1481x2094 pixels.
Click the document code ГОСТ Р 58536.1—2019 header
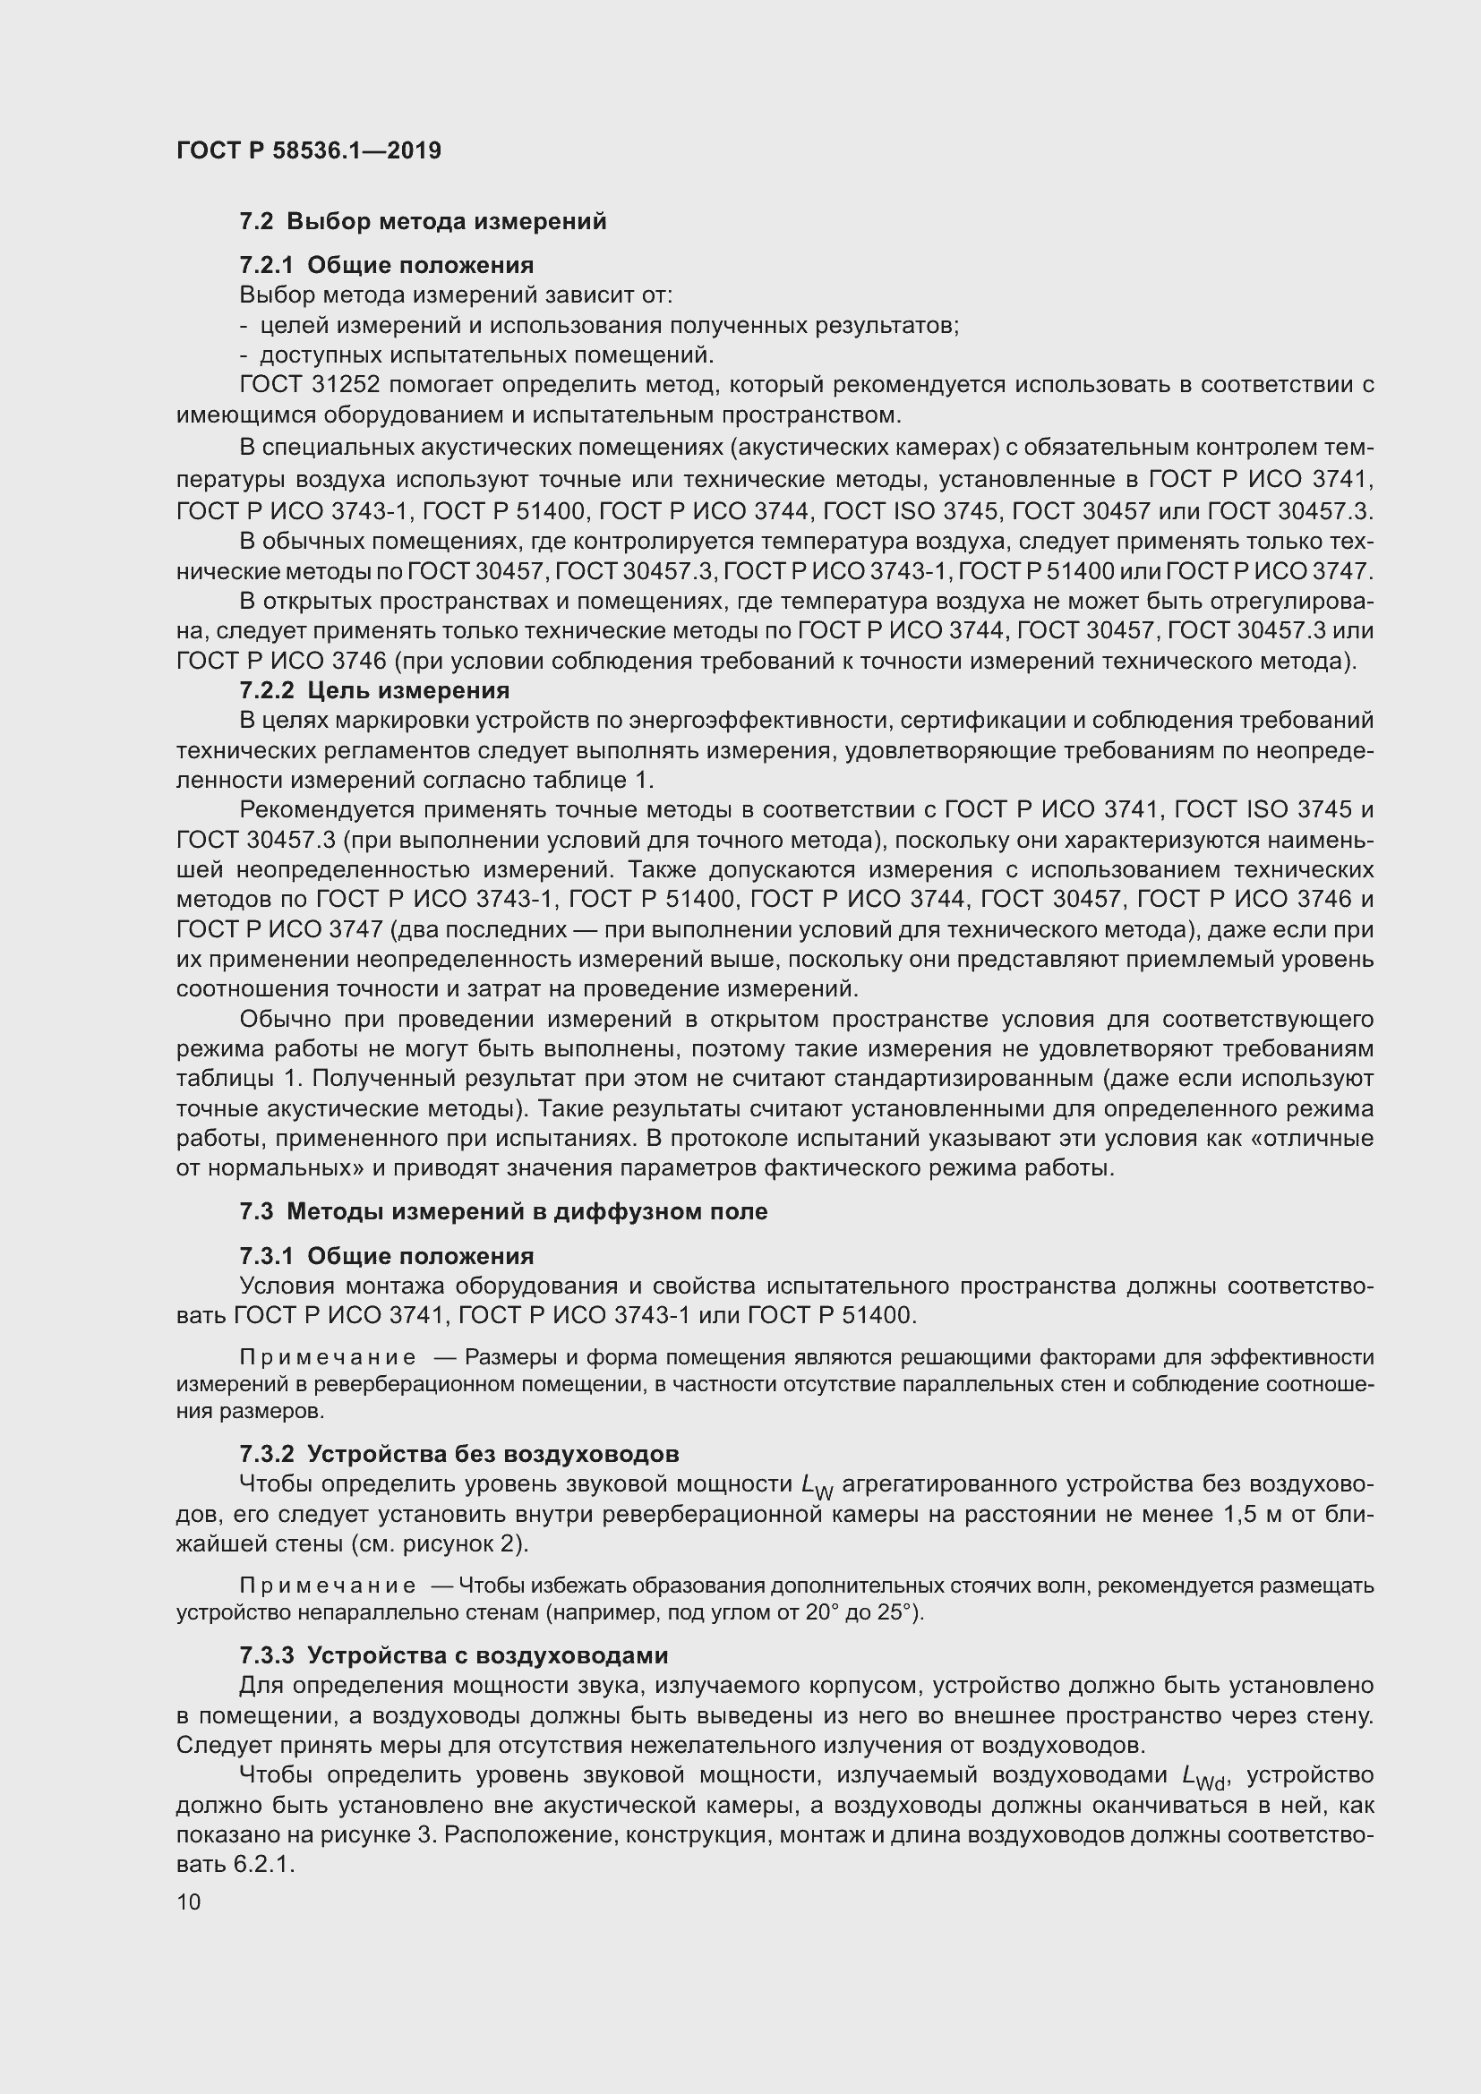pos(308,150)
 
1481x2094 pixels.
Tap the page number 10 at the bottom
pos(189,1902)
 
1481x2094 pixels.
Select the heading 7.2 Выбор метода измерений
pos(423,222)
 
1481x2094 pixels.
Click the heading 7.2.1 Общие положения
pos(387,265)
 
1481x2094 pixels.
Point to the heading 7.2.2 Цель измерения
pos(374,690)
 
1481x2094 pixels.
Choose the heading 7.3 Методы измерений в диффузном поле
pos(503,1212)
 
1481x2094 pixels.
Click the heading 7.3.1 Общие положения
pos(387,1257)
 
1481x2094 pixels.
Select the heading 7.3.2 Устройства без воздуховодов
pos(458,1454)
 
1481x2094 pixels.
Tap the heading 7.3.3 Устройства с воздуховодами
pos(453,1655)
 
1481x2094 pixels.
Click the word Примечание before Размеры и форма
pos(328,1358)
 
